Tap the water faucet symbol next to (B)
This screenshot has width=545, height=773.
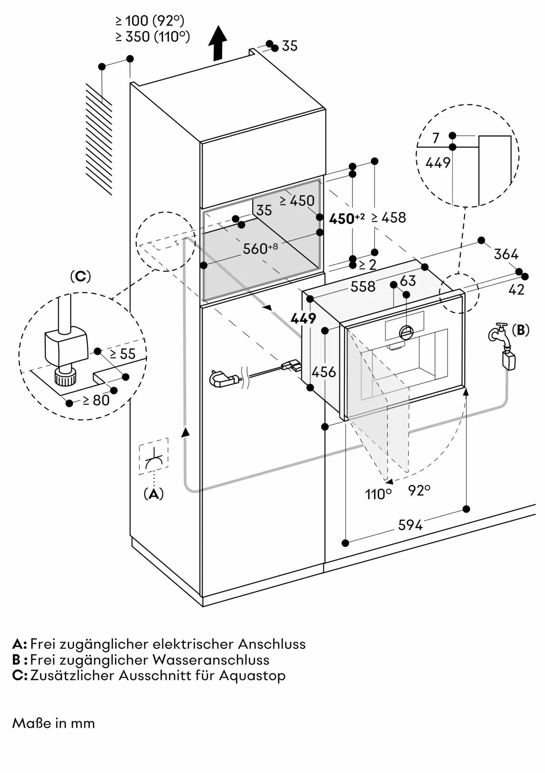499,332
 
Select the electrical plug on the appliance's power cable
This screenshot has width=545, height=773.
221,378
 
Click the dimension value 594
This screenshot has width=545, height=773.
410,525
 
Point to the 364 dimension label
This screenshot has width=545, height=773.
506,254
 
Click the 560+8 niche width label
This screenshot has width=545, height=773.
260,249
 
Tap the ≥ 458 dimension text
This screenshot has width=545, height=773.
389,218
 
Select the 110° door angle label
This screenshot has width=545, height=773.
378,494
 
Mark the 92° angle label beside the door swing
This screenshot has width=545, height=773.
419,490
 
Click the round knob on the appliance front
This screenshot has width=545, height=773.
406,332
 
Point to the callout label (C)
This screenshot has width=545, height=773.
80,276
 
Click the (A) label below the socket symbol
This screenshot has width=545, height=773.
153,494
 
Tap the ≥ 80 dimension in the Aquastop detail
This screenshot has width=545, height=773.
97,400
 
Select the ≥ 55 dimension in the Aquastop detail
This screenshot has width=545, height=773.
122,354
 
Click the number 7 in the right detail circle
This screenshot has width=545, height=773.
436,138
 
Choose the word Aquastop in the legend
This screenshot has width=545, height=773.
252,675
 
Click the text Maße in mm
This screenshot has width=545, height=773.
54,723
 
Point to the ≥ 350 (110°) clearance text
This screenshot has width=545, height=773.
153,37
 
